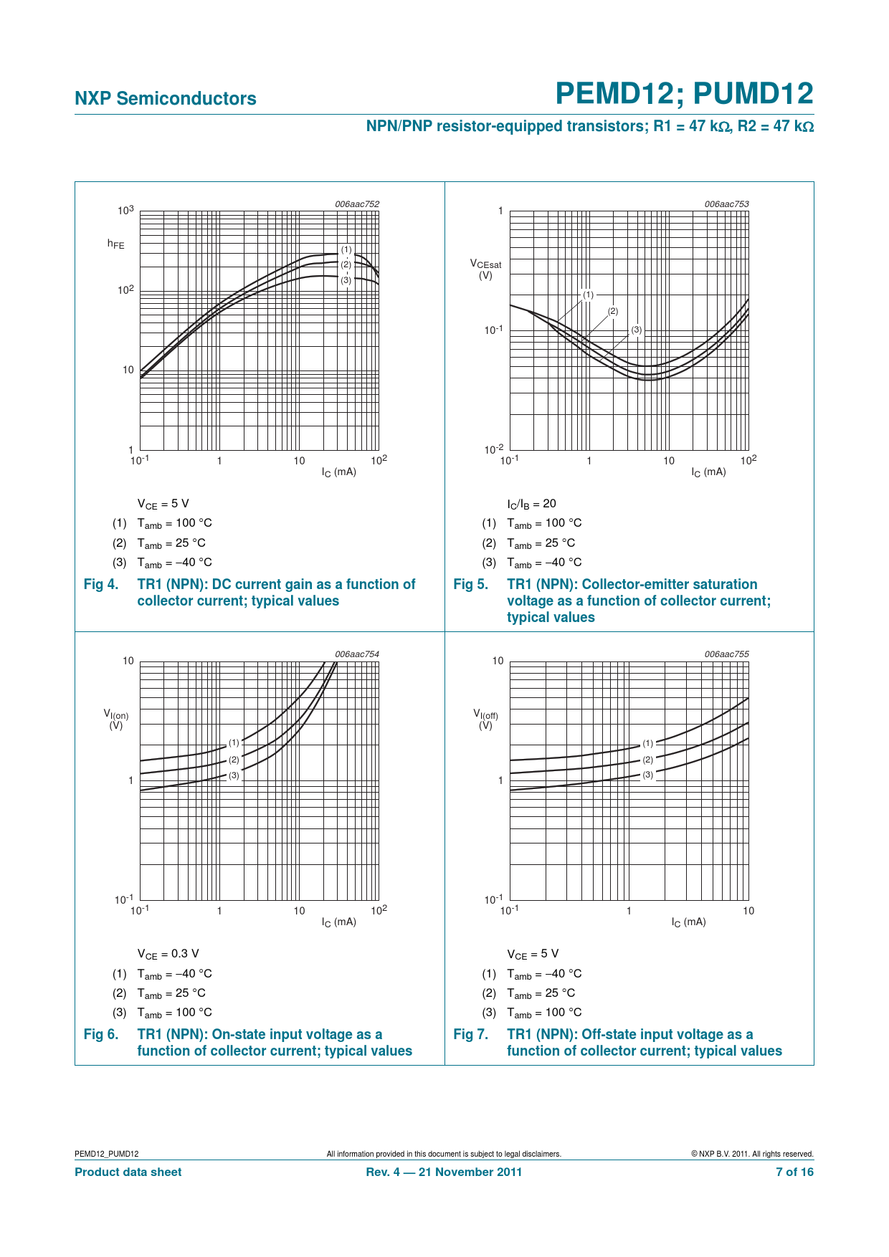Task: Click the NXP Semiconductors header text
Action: [166, 99]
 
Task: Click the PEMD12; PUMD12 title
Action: [684, 94]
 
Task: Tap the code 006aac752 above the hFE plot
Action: [357, 204]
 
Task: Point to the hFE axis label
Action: [115, 244]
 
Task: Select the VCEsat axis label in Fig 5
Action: [485, 269]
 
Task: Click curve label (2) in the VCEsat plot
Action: [612, 311]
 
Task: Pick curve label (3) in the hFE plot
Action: [346, 280]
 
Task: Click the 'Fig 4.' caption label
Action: [101, 585]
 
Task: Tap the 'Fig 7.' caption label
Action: [471, 1035]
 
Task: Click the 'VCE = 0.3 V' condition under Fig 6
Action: [168, 954]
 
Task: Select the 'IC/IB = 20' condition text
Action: [531, 504]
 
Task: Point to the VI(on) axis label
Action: [116, 719]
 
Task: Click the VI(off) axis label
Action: [485, 719]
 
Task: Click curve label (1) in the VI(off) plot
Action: [648, 743]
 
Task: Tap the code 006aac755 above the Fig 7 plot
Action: [726, 654]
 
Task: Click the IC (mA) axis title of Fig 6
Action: [338, 922]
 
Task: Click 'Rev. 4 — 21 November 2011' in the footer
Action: [444, 1172]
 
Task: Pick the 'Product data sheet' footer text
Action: [128, 1172]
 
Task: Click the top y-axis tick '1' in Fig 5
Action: [500, 211]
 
